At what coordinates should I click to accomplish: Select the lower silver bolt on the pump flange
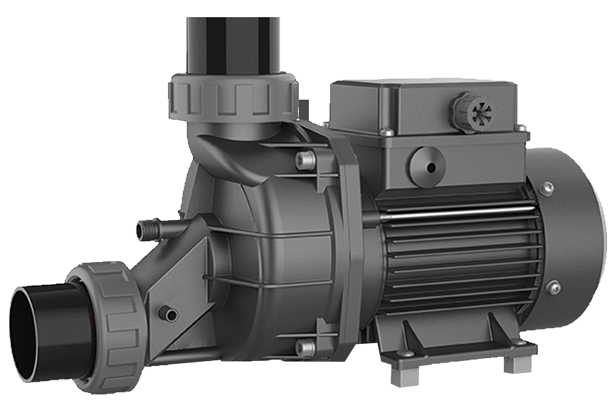(x=305, y=348)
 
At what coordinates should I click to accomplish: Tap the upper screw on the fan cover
(x=547, y=189)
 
